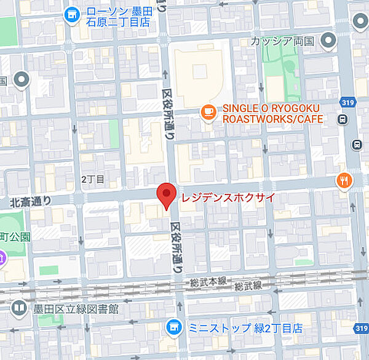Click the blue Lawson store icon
click(72, 13)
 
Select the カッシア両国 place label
click(282, 41)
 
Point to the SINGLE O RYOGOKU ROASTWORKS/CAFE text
click(272, 113)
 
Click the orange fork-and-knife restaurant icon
click(344, 180)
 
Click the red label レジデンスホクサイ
click(227, 198)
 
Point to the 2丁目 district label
click(93, 180)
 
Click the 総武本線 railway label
click(200, 281)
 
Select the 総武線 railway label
click(248, 286)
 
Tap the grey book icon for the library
click(20, 308)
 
